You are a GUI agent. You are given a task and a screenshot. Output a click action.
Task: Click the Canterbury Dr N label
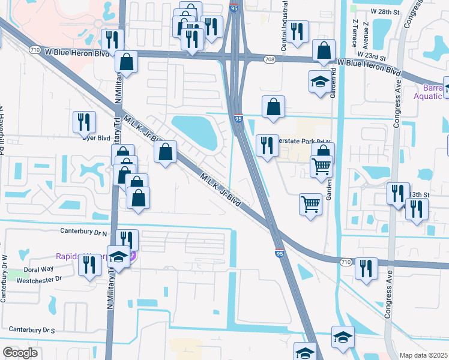(x=83, y=230)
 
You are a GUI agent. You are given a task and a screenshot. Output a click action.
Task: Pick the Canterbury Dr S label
(x=32, y=330)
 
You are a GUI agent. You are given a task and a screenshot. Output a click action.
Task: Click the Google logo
(x=20, y=353)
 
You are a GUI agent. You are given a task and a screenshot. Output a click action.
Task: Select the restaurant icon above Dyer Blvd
(x=84, y=122)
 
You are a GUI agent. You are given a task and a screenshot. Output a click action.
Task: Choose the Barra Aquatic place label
(x=429, y=91)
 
